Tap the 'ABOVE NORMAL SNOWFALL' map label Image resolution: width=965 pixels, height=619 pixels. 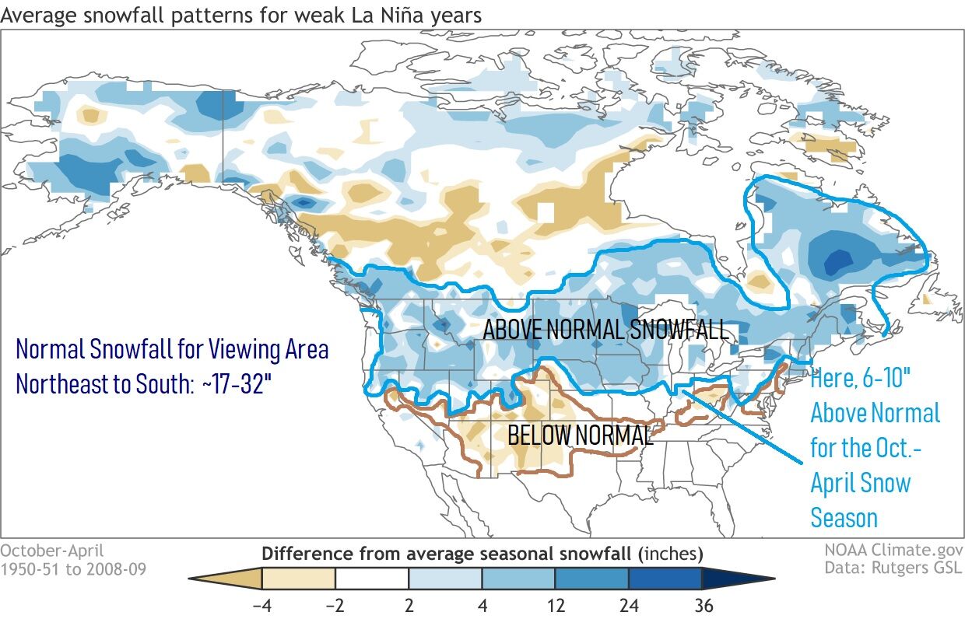coord(606,330)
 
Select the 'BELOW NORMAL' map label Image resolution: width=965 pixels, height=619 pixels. coord(580,435)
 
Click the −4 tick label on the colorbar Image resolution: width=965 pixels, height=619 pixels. coord(261,603)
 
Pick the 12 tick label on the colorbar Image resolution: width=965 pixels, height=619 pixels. coord(555,603)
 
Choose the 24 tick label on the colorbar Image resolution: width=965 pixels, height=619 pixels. coord(628,603)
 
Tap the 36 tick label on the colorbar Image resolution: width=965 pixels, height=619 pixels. coord(701,603)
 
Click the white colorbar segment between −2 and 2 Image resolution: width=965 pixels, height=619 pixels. coord(372,579)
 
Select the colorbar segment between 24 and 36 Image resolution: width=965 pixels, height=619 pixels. coord(665,579)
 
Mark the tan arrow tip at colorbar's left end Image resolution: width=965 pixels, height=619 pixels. coord(210,579)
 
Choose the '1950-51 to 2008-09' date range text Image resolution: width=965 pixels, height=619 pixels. coord(73,568)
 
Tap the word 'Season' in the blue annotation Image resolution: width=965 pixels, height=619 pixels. coord(844,518)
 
